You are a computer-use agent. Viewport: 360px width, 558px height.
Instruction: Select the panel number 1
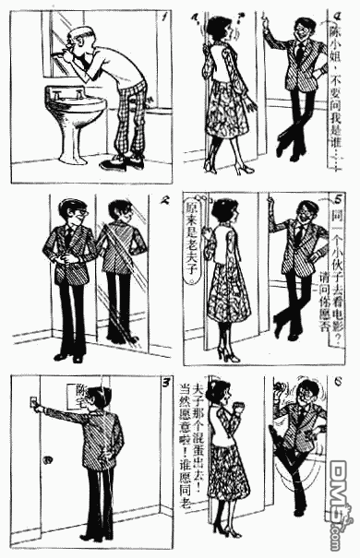(162, 16)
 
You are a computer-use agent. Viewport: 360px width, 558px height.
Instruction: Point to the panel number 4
(340, 16)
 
